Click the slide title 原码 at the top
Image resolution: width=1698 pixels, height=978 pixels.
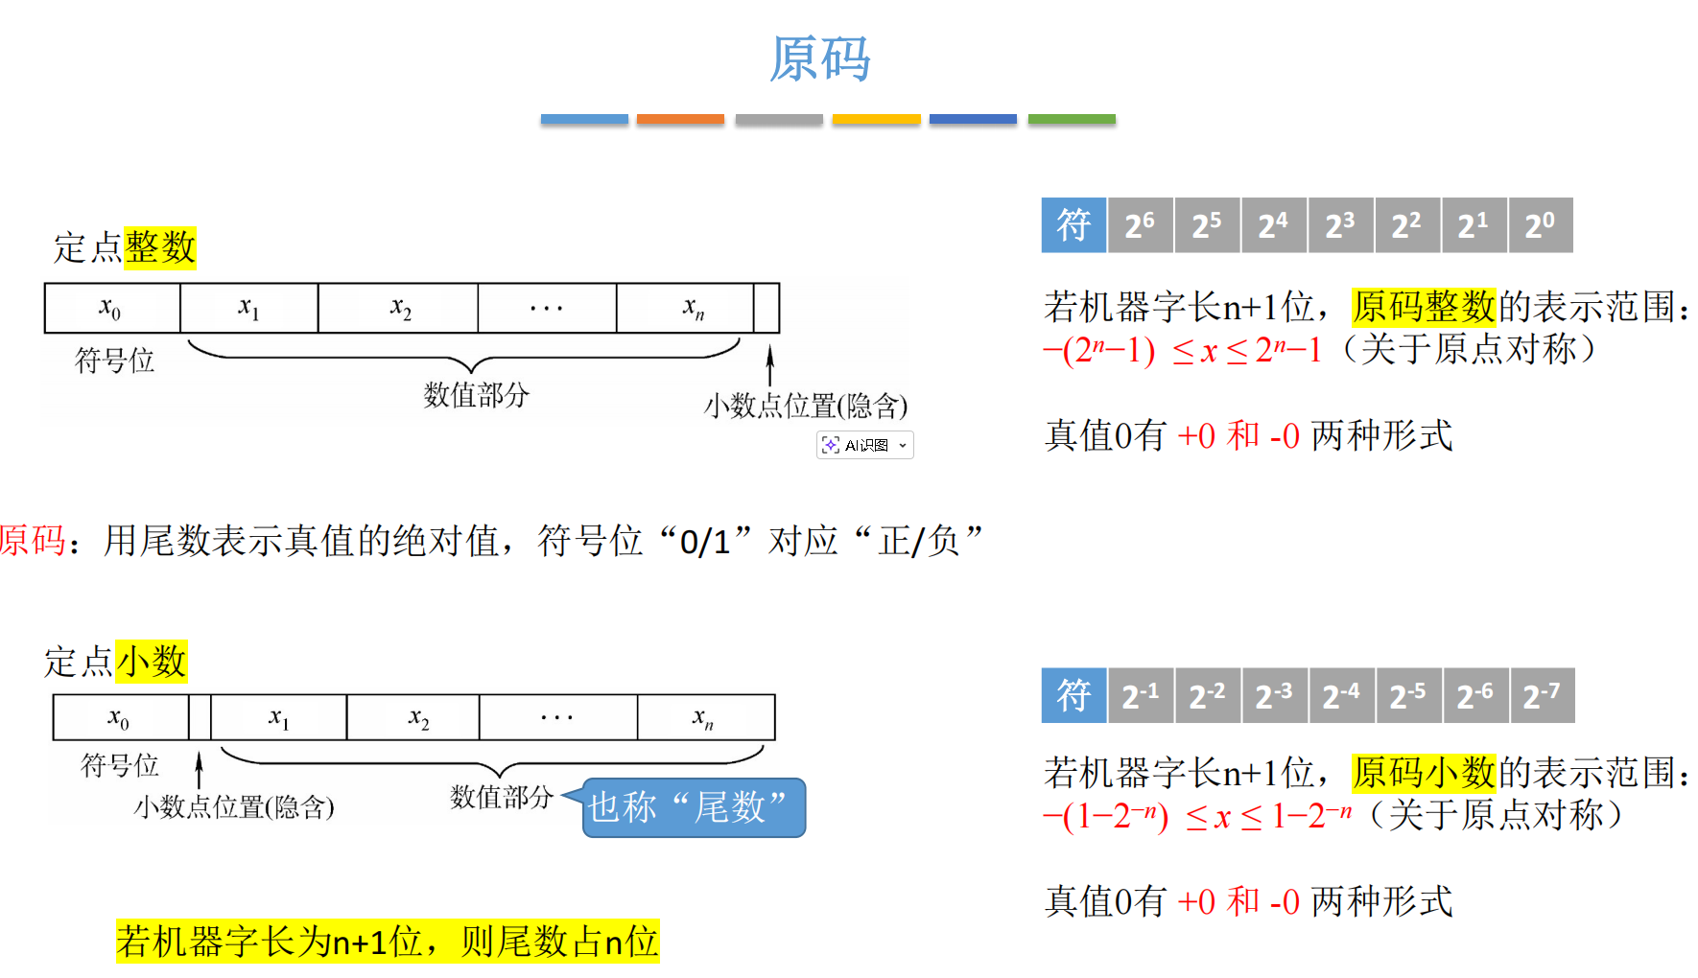[820, 59]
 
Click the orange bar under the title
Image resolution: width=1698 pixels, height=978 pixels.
[680, 120]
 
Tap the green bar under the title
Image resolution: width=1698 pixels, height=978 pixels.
[1072, 120]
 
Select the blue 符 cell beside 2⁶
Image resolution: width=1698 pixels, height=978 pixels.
[1073, 225]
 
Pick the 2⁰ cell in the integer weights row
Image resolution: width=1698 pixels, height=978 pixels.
[1540, 225]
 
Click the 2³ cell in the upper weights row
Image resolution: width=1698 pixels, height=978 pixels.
[1340, 225]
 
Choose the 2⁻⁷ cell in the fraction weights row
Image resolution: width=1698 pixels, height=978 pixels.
[1542, 695]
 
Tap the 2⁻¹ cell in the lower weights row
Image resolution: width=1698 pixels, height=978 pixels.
[1141, 695]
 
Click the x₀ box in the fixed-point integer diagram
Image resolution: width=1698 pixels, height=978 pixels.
[111, 308]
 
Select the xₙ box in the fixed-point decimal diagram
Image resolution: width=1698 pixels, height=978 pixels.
[705, 717]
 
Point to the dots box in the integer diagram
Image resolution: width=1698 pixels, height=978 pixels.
[547, 308]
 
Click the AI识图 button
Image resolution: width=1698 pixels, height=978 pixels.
[864, 445]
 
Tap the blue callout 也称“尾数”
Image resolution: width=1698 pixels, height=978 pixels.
[694, 807]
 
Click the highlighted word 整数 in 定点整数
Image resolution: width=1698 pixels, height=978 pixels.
[160, 247]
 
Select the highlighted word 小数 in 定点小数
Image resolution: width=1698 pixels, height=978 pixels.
[152, 662]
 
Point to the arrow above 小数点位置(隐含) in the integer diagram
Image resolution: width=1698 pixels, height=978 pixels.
[769, 366]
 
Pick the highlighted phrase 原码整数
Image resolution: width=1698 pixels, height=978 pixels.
[1424, 307]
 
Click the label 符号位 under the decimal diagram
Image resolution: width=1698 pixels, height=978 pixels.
[119, 765]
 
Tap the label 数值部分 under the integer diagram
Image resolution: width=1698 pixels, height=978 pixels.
[476, 395]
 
